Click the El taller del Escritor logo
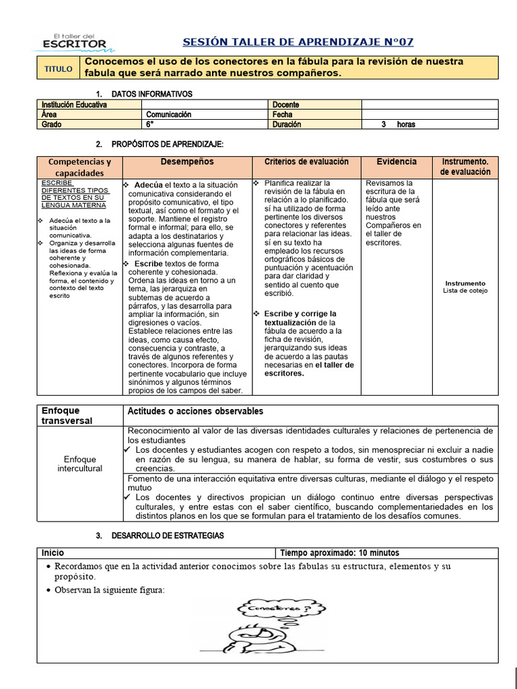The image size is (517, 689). pyautogui.click(x=74, y=40)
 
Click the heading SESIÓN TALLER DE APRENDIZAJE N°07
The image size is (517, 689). pyautogui.click(x=307, y=42)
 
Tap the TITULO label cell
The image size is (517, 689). pyautogui.click(x=59, y=69)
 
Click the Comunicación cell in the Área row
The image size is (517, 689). pyautogui.click(x=169, y=114)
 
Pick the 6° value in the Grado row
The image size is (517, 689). pyautogui.click(x=149, y=124)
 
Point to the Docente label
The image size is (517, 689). pyautogui.click(x=286, y=105)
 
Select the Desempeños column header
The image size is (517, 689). pyautogui.click(x=186, y=162)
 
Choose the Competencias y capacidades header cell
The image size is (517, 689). pyautogui.click(x=79, y=168)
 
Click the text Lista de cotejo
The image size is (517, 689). pyautogui.click(x=465, y=291)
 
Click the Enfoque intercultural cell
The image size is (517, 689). pyautogui.click(x=80, y=464)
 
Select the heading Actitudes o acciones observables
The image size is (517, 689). pyautogui.click(x=195, y=411)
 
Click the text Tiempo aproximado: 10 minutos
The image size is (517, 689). pyautogui.click(x=339, y=553)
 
